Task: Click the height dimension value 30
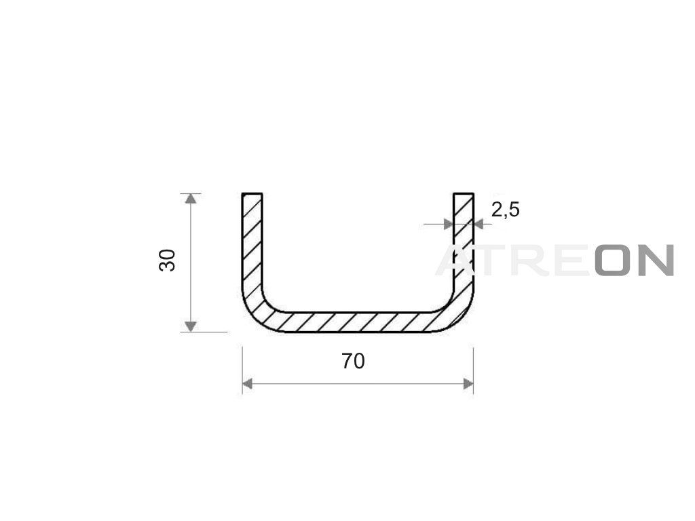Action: point(167,260)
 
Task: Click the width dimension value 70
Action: point(353,362)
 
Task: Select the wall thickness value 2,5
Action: point(505,210)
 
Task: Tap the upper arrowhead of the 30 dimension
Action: point(191,199)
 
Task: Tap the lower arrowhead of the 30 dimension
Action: point(191,326)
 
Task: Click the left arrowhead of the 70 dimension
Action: point(248,384)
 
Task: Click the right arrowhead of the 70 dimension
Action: point(468,384)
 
